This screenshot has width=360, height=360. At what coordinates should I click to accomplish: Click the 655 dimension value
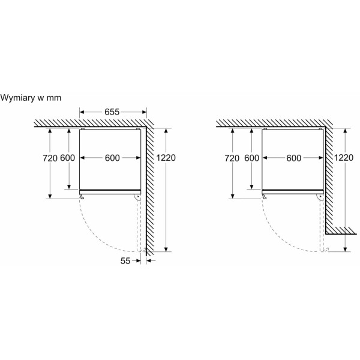(112, 112)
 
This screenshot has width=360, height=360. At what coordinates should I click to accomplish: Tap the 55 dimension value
(125, 261)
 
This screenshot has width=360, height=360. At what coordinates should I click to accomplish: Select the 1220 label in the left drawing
(166, 158)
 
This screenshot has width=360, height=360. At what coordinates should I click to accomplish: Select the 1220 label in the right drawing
(343, 158)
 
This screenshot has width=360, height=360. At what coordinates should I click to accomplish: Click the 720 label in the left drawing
(50, 158)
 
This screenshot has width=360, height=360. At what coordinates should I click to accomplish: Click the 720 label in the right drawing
(232, 158)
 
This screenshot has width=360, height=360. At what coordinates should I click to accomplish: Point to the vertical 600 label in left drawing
(67, 158)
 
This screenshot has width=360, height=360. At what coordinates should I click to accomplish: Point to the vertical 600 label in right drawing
(251, 158)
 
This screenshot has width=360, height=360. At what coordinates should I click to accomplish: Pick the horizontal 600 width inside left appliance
(112, 158)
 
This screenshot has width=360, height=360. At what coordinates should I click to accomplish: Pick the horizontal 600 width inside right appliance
(294, 158)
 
